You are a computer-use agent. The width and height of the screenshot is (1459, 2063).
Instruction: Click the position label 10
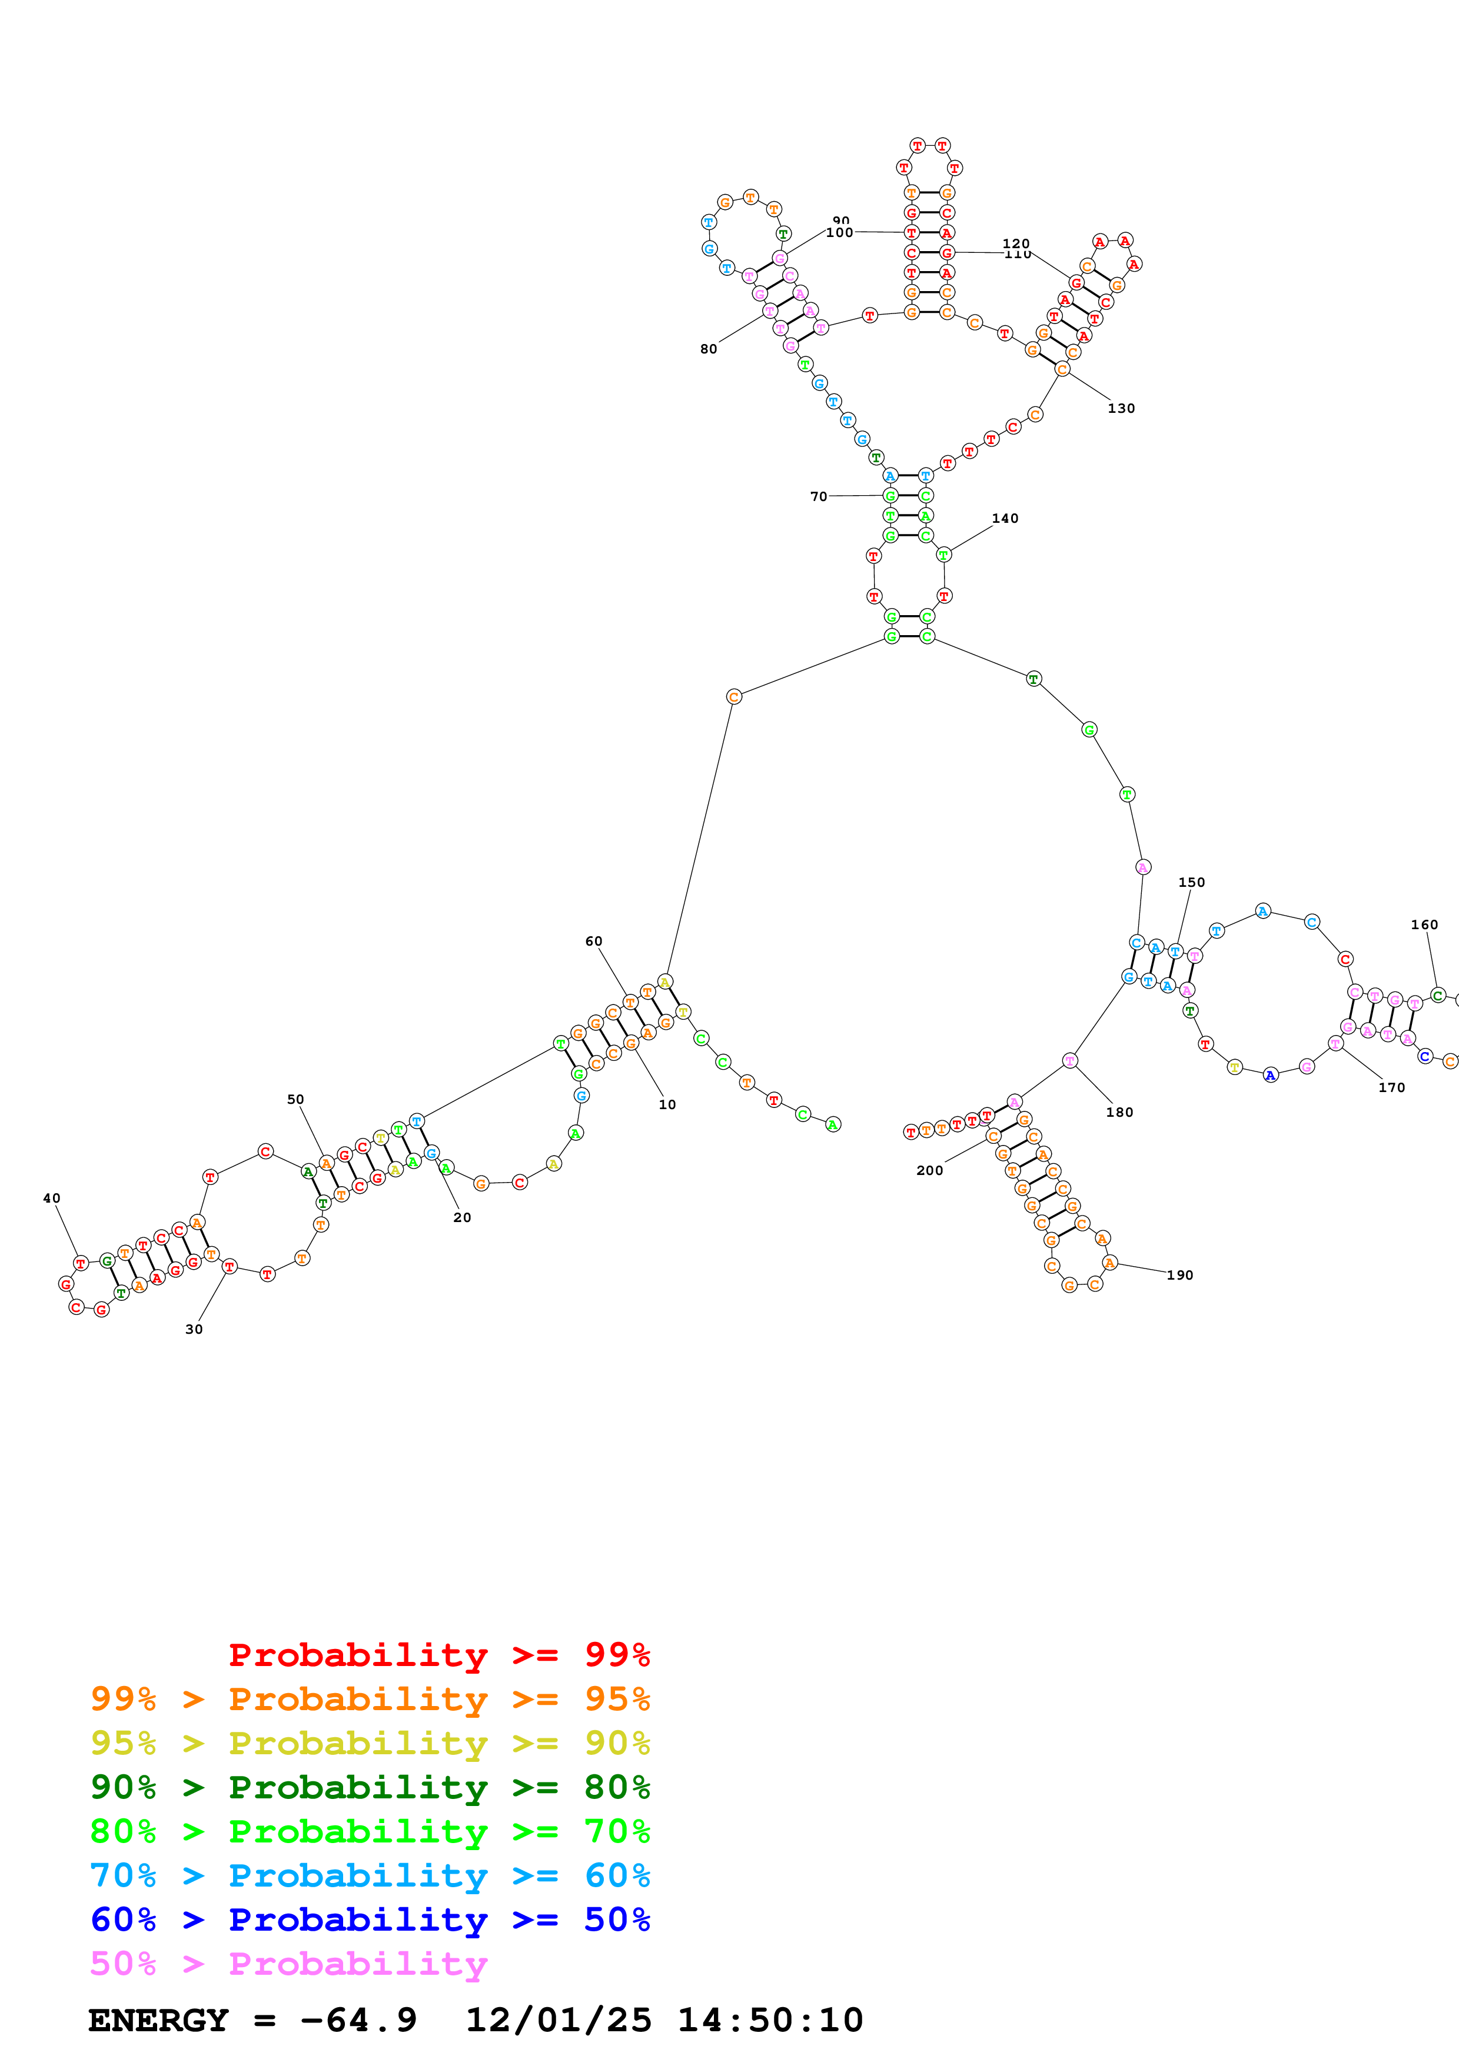pos(667,1104)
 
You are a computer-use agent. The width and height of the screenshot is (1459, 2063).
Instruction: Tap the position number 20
pos(462,1217)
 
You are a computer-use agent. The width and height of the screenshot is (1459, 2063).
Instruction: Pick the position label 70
pos(819,496)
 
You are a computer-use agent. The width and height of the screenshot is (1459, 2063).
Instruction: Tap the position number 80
pos(709,349)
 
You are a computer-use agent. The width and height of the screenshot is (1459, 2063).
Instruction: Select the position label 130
pos(1121,408)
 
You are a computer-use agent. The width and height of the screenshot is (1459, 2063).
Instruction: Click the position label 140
pos(1005,519)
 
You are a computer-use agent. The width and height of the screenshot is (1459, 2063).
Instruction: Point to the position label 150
pos(1192,882)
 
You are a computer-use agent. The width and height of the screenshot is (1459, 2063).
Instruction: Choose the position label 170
pos(1391,1087)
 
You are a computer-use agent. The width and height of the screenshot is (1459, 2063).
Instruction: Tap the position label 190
pos(1181,1275)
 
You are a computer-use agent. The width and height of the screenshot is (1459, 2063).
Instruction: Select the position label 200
pos(929,1170)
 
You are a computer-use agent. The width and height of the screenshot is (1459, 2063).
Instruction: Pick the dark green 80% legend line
pos(370,1787)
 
